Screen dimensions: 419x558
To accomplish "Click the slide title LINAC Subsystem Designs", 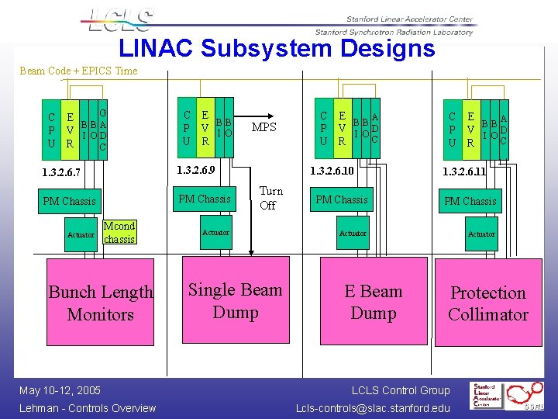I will [277, 48].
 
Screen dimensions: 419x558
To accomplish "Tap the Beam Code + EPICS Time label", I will [78, 71].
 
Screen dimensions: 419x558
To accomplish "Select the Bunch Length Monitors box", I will [101, 303].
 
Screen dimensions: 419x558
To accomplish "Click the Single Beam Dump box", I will [235, 301].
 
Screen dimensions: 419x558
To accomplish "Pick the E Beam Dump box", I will [373, 302].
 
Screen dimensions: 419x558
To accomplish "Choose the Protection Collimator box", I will [487, 303].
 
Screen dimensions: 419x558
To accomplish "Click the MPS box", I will [264, 126].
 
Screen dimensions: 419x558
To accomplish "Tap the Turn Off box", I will [270, 198].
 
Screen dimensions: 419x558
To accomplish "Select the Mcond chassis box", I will [119, 232].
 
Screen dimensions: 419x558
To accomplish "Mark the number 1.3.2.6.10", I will [332, 170].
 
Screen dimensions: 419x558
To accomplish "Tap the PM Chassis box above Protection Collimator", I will [470, 201].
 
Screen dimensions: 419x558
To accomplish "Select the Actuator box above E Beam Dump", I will [353, 233].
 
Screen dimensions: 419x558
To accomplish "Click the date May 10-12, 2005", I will [60, 390].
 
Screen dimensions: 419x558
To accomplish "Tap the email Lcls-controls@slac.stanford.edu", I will [373, 408].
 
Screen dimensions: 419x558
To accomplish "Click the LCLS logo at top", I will [122, 19].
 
